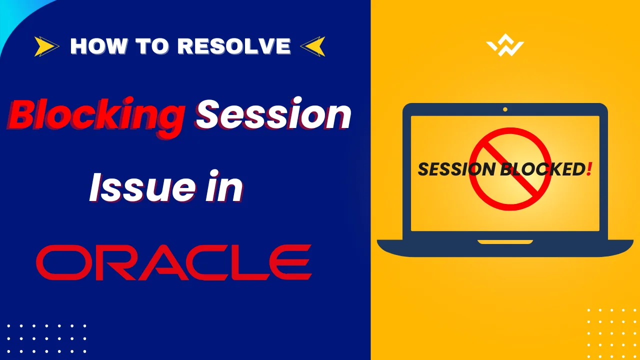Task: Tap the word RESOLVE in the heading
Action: click(234, 46)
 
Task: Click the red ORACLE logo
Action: click(173, 262)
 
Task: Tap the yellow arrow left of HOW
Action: click(46, 47)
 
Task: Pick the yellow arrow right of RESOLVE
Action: click(312, 47)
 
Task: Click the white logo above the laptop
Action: click(505, 48)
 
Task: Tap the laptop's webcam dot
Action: click(505, 109)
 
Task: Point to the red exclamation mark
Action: click(590, 169)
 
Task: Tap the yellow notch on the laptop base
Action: click(505, 242)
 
